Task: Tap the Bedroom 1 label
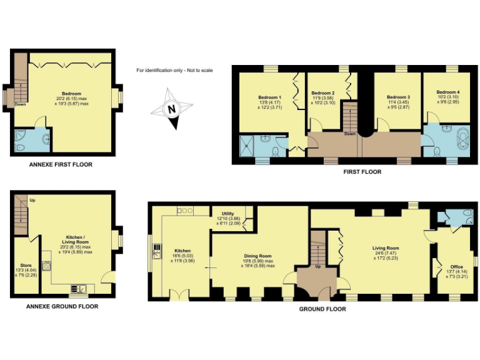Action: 270,97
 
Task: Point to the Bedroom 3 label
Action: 398,97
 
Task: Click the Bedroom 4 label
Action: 448,92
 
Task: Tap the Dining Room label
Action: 257,256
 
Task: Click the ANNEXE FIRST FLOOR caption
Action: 61,164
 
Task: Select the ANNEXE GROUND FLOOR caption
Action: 62,307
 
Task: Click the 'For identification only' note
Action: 174,70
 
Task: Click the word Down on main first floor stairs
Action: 351,134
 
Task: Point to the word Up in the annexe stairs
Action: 32,201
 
